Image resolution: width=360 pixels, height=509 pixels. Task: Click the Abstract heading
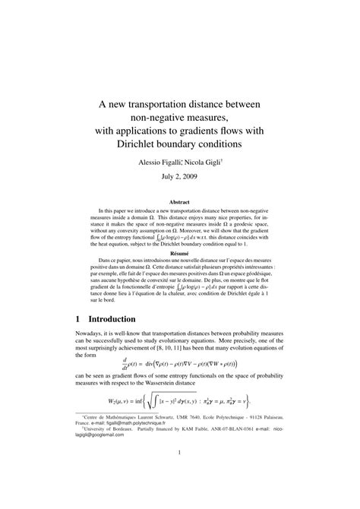tap(179, 203)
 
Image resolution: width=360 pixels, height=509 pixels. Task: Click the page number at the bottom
tap(179, 476)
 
